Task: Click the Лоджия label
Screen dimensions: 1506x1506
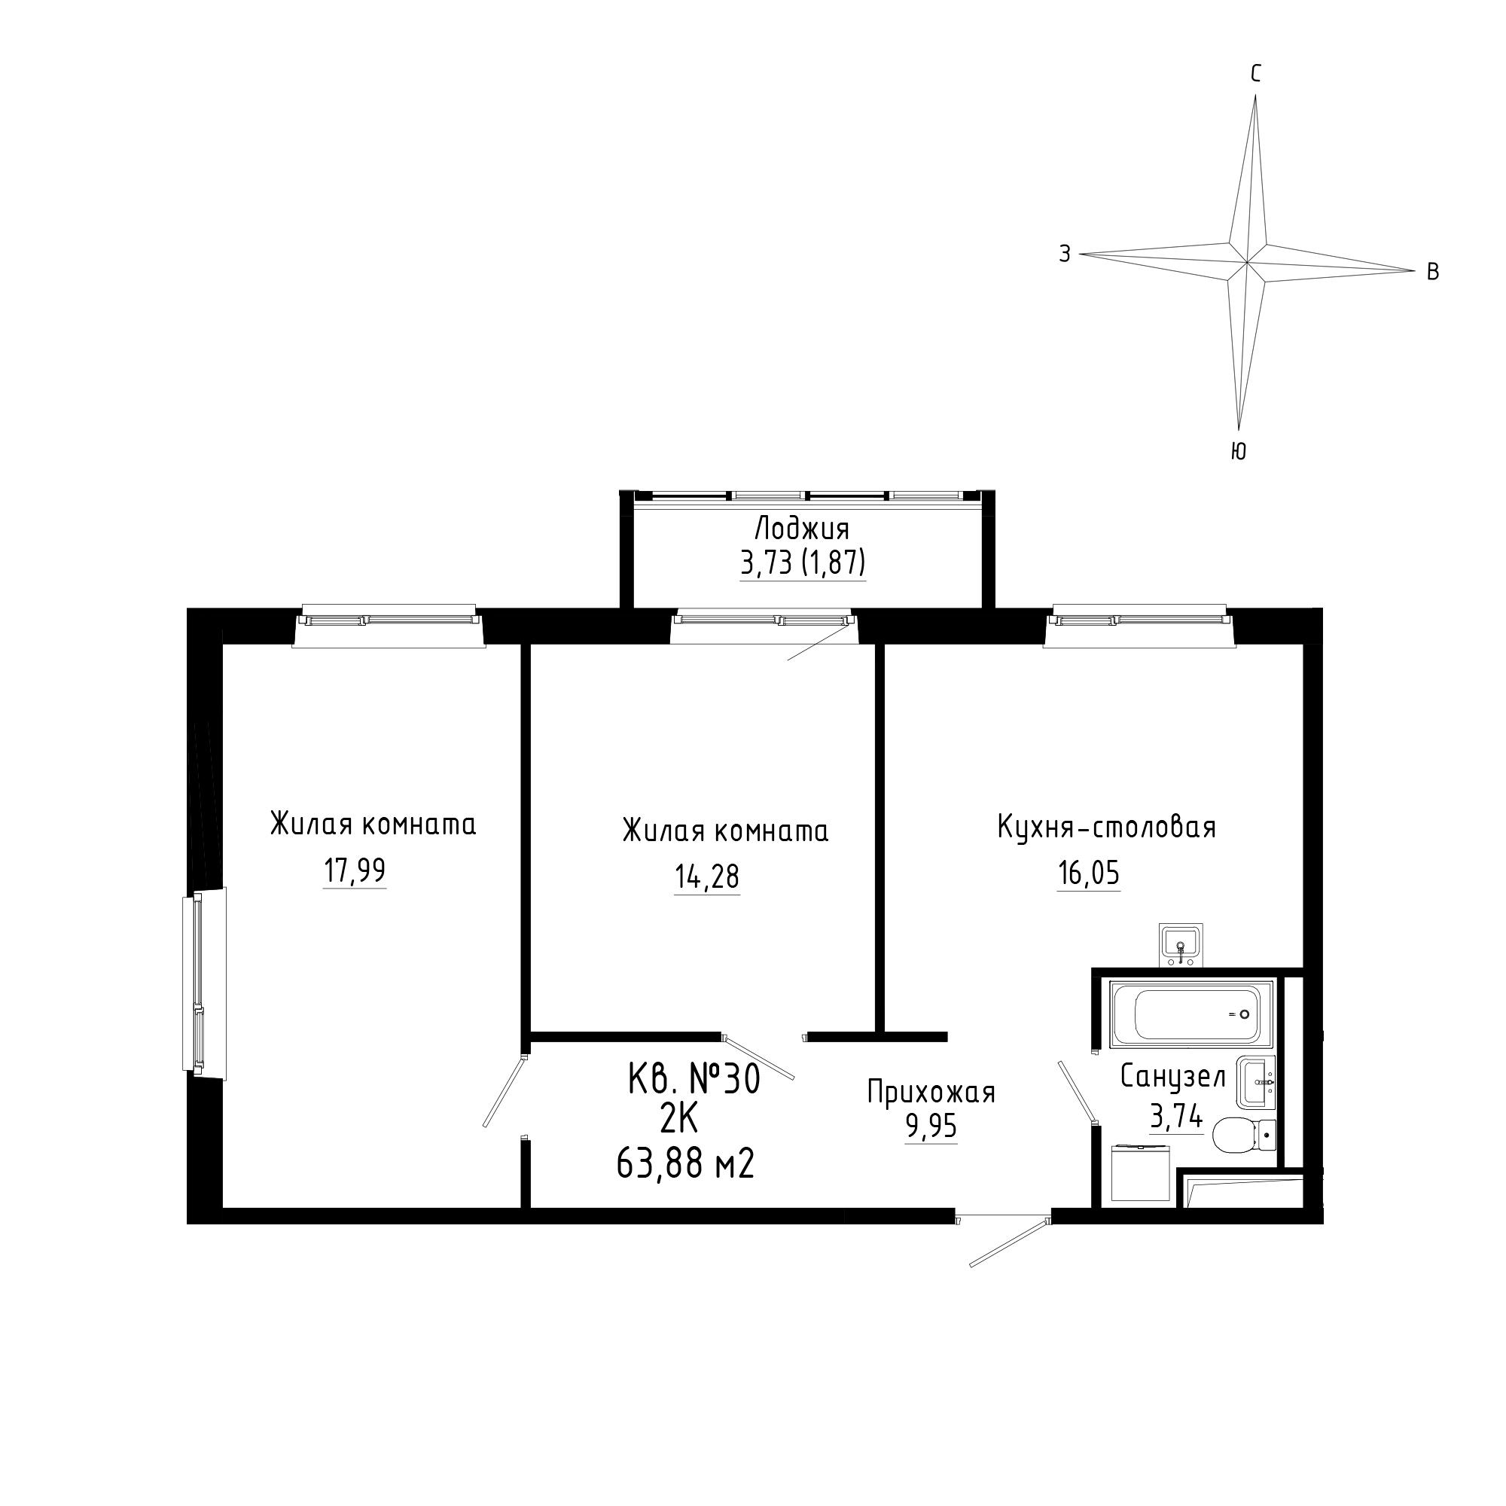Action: coord(801,529)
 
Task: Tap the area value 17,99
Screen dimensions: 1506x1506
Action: coord(355,870)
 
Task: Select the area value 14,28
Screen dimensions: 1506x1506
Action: coord(707,877)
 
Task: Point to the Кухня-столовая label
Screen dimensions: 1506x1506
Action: coord(1106,827)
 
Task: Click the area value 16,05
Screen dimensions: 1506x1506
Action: coord(1088,873)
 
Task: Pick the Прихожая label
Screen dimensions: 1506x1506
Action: coord(931,1093)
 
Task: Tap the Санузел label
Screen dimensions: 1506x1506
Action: coord(1173,1078)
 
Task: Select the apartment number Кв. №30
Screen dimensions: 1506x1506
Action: coord(694,1081)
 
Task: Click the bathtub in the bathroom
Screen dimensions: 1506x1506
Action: coord(1192,1014)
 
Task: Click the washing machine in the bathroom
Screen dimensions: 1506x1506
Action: coord(1140,1173)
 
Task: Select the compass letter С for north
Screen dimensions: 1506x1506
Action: coord(1256,74)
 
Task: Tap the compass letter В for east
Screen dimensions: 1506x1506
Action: coord(1433,271)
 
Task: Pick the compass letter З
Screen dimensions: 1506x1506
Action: coord(1065,253)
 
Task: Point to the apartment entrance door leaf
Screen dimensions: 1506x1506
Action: coord(1011,1242)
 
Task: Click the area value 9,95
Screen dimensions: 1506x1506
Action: coord(931,1127)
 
